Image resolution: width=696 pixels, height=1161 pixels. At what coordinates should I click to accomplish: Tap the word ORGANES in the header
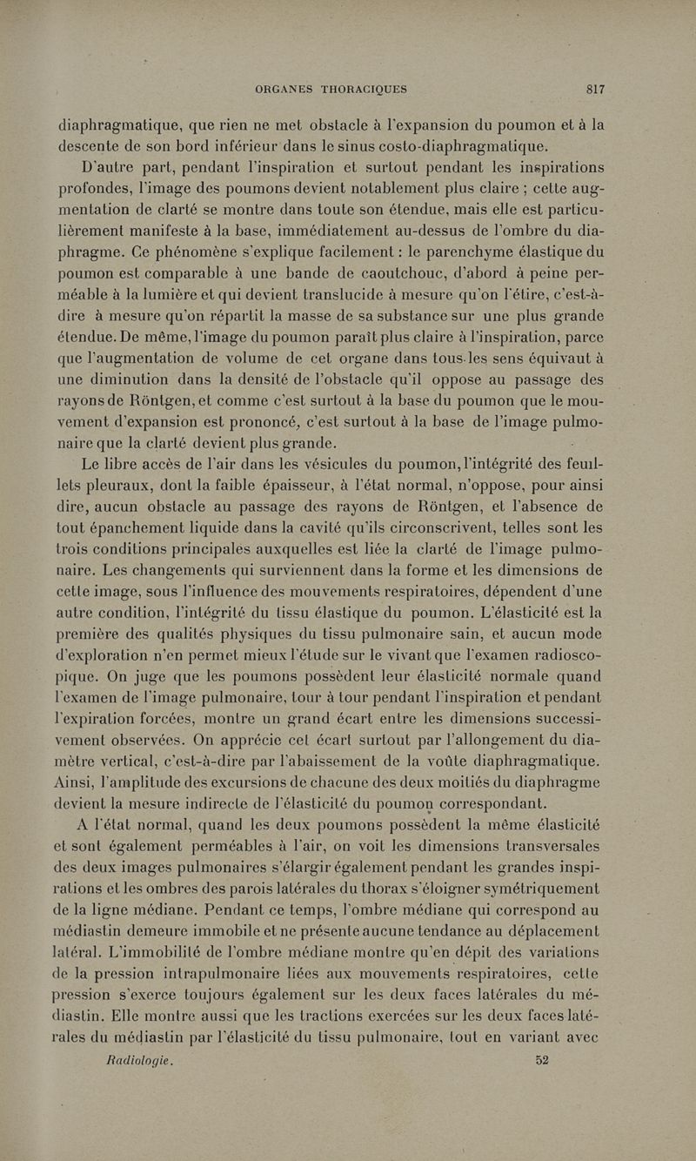[284, 88]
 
